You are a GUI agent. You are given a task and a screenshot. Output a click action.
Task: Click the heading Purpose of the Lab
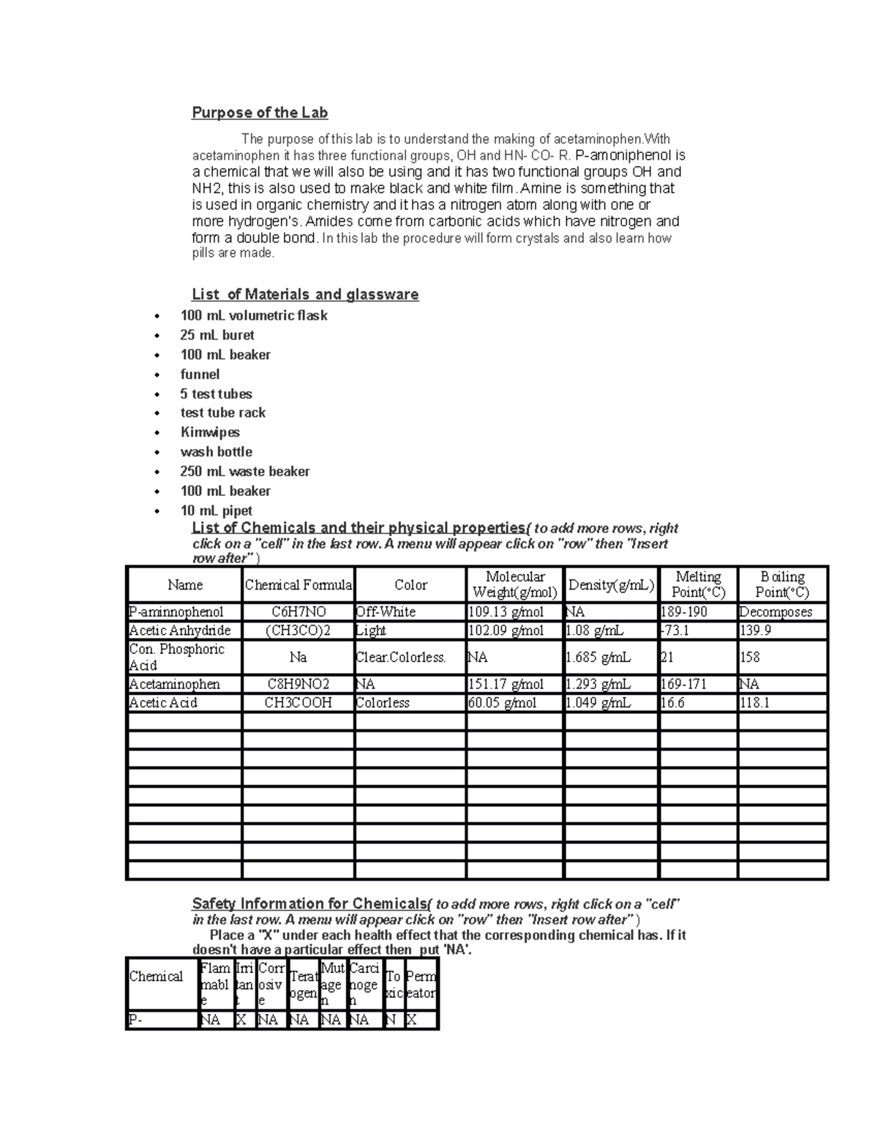(259, 113)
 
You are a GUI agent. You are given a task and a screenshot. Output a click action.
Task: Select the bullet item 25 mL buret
(217, 335)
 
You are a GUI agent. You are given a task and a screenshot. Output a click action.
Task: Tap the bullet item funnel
(200, 375)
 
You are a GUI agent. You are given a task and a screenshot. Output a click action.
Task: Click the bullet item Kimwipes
(210, 432)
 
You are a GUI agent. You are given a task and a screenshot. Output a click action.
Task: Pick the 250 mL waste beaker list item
(244, 472)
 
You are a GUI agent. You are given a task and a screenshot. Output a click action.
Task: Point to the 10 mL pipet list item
(216, 511)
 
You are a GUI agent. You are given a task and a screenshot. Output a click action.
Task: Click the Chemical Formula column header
(298, 585)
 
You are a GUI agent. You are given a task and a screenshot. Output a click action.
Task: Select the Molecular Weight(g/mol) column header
(515, 585)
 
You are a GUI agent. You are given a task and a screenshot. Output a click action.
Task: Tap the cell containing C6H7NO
(298, 612)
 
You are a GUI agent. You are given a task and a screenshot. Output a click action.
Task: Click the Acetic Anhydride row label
(180, 631)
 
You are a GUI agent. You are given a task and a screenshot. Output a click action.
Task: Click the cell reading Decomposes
(775, 612)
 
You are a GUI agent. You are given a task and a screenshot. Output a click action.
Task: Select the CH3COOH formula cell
(298, 703)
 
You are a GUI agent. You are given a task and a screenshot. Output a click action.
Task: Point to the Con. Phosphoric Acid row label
(176, 657)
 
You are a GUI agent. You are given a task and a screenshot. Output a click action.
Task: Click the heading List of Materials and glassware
(304, 295)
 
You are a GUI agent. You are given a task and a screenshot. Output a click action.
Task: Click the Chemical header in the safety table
(156, 977)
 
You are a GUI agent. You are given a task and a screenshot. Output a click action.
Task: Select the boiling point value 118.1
(755, 703)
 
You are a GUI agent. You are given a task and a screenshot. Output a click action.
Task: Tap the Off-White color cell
(386, 612)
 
